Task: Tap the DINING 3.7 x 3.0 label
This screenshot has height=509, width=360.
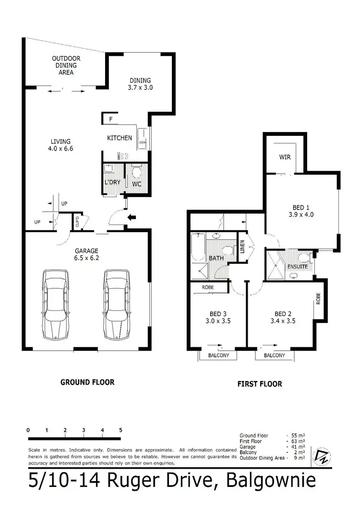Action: (140, 84)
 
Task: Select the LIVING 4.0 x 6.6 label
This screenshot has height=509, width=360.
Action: (61, 145)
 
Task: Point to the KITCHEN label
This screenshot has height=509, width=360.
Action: (119, 138)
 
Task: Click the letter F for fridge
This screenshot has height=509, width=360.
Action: (110, 118)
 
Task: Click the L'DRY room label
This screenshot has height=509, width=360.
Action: (112, 184)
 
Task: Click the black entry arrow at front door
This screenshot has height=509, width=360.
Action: (130, 218)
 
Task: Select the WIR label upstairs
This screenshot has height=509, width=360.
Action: (285, 157)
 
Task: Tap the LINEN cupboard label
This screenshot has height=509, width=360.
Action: (242, 247)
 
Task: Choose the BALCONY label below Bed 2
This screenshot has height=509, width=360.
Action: (274, 355)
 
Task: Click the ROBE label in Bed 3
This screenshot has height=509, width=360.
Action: (207, 288)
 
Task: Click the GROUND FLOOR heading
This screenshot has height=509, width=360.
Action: (87, 382)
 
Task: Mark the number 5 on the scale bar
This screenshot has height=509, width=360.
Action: (120, 430)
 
